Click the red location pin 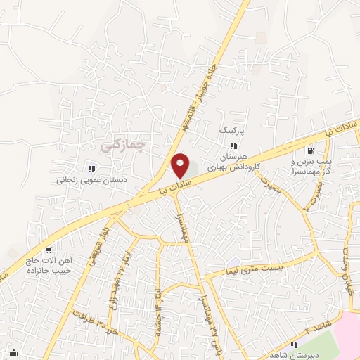(x=181, y=166)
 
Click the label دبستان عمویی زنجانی (x=90, y=179)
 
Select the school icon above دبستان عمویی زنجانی (x=91, y=168)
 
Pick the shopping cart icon (x=48, y=250)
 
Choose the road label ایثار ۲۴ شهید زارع (x=112, y=285)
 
